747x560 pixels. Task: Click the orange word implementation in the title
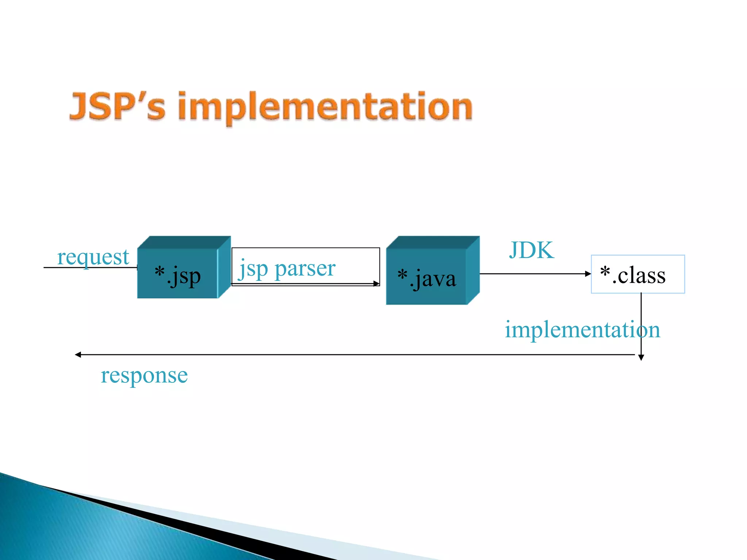click(x=325, y=106)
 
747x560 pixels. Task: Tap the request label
click(x=93, y=257)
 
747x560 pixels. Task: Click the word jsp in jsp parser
click(x=253, y=269)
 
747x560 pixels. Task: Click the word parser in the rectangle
click(x=305, y=269)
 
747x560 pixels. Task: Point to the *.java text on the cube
click(x=427, y=279)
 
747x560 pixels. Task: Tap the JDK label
click(x=531, y=250)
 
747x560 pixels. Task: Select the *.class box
click(x=638, y=274)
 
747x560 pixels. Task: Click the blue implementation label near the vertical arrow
click(x=582, y=330)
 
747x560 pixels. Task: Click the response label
click(x=144, y=375)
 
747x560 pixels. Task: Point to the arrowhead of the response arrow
click(x=78, y=354)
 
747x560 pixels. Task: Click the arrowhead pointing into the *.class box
click(x=588, y=274)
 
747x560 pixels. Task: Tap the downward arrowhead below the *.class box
click(x=641, y=358)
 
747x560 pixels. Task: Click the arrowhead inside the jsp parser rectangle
click(x=376, y=284)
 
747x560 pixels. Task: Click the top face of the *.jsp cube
click(x=184, y=242)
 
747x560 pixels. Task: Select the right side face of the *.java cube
click(x=473, y=270)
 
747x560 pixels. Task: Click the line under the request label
click(x=89, y=268)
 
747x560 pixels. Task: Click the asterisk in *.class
click(x=605, y=271)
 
